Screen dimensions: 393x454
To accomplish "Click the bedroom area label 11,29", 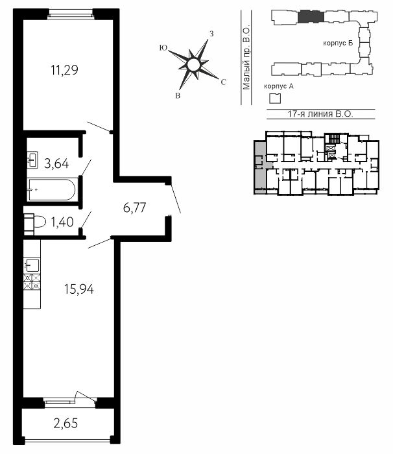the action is tap(65, 70).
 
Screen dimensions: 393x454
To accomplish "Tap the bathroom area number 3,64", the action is tap(56, 163).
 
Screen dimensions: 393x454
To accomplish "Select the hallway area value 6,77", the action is tap(134, 208).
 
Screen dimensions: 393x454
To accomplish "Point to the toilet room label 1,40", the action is tap(62, 222).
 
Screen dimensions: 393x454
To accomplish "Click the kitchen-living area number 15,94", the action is tap(79, 289).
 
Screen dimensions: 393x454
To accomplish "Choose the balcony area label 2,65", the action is tap(65, 424).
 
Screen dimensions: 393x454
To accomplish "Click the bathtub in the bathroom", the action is tap(51, 189).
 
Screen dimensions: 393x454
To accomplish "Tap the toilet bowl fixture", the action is tap(35, 222).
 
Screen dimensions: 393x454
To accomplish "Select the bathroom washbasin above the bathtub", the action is tap(32, 160).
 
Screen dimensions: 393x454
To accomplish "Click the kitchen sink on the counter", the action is tap(32, 265).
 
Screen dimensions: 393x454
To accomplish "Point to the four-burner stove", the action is tap(32, 282).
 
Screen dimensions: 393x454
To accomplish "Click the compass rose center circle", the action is tap(193, 65).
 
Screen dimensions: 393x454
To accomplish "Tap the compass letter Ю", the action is tap(163, 48).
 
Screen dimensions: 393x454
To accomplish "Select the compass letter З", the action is tap(211, 34).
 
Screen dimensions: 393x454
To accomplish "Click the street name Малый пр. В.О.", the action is tap(246, 58).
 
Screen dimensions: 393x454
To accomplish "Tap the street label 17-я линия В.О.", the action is tap(320, 113).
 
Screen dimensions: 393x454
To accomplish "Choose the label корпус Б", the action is tap(338, 43).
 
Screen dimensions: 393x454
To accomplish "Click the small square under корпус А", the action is tap(275, 99).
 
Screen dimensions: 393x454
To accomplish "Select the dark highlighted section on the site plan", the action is tap(311, 16).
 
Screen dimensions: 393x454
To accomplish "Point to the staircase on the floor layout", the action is tap(335, 138).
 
